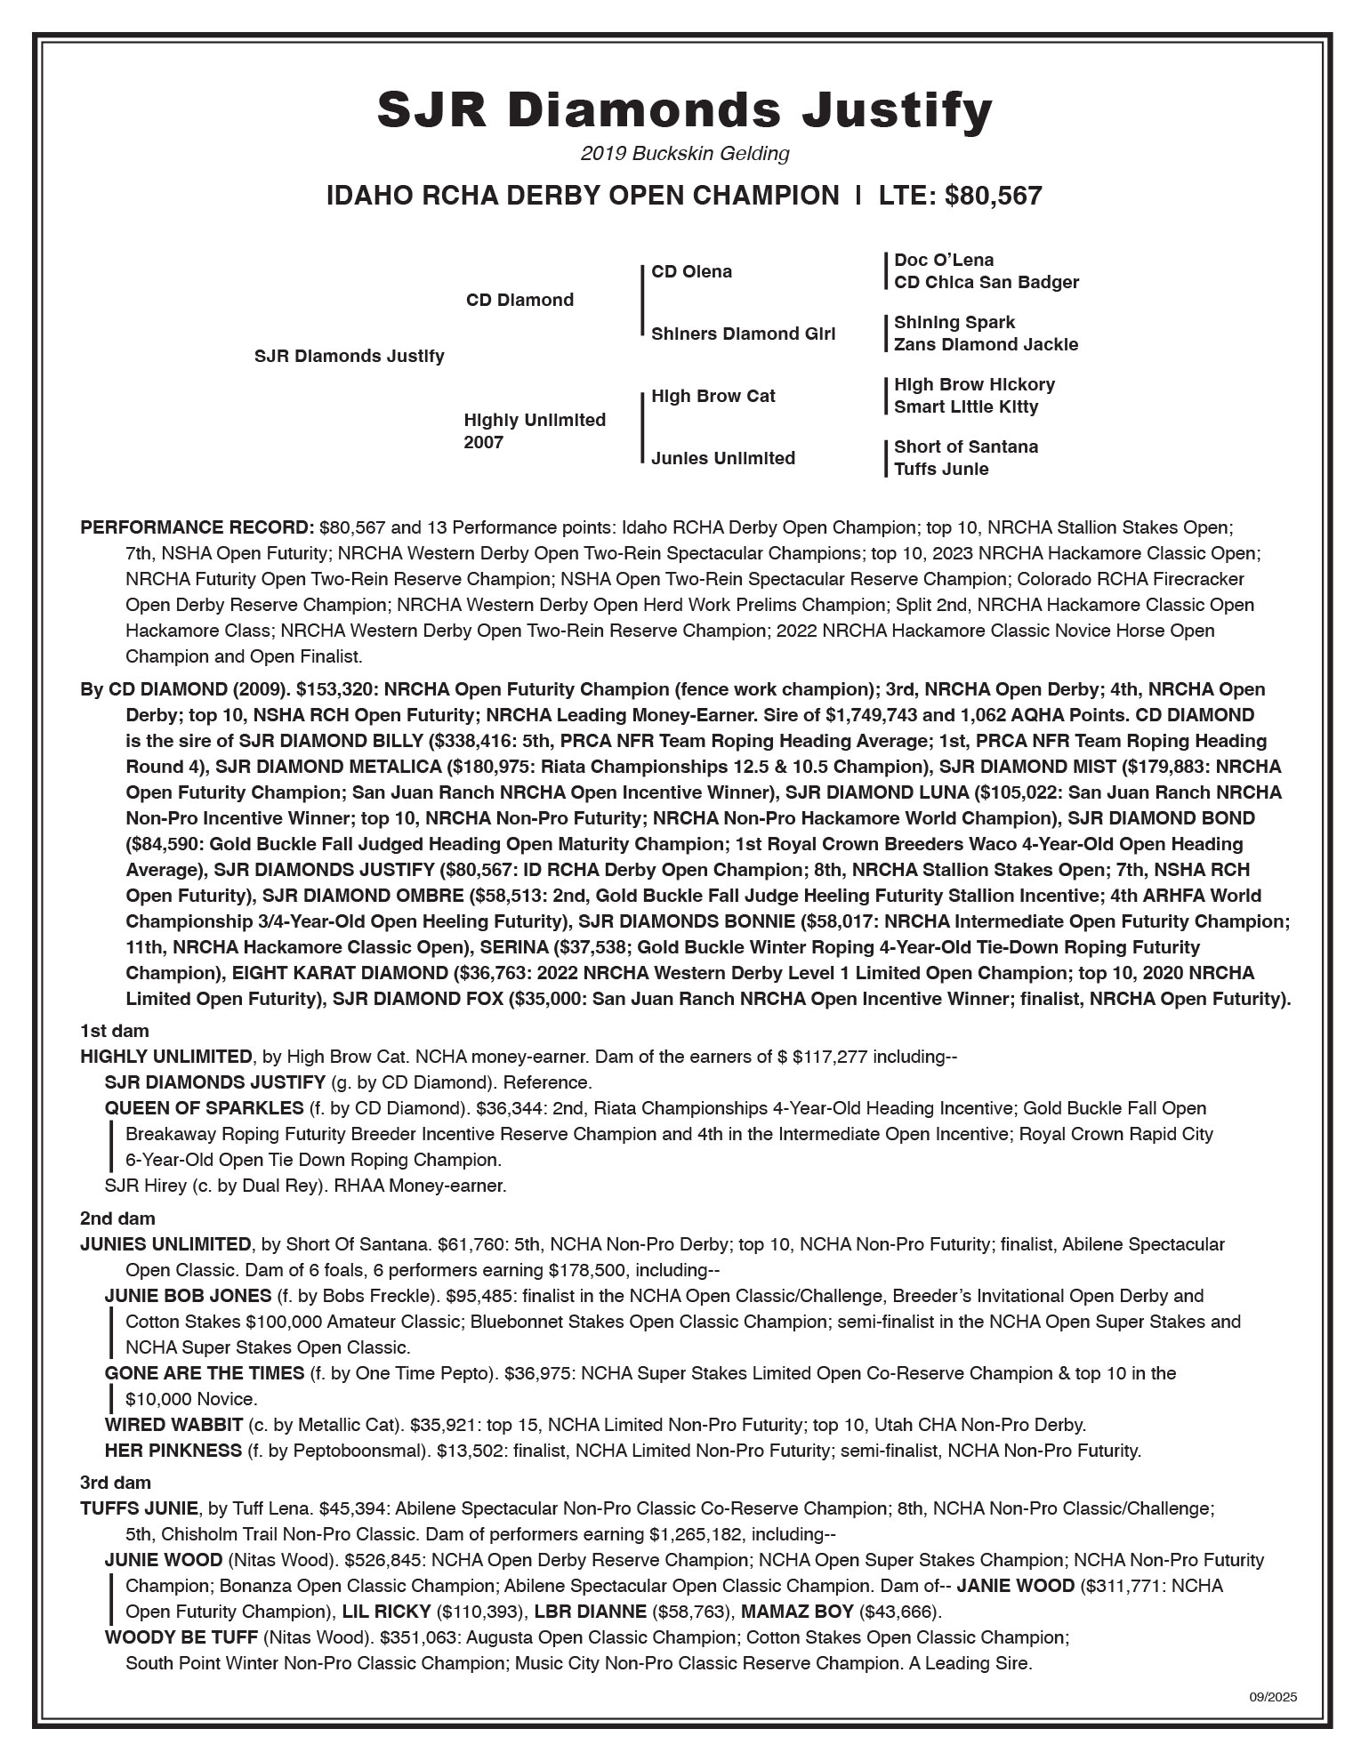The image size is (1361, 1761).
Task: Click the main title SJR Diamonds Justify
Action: (x=684, y=111)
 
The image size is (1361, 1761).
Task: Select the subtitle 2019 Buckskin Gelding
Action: (x=684, y=154)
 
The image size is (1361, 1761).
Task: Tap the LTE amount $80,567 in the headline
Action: (x=993, y=196)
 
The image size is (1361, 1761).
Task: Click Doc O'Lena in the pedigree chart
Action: (x=944, y=261)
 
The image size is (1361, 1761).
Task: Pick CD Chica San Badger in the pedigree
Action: (x=986, y=283)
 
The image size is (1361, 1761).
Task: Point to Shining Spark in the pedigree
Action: (x=954, y=323)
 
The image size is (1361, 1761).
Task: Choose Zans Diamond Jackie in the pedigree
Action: (x=986, y=345)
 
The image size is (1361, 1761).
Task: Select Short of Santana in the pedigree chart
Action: (x=966, y=447)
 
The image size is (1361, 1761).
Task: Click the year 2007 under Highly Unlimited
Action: (x=484, y=443)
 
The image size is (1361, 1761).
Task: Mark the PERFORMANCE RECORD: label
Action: (x=197, y=527)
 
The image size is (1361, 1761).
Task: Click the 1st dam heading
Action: (x=115, y=1032)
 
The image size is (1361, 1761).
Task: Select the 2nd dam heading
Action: (x=117, y=1218)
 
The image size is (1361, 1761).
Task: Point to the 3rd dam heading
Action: (x=116, y=1483)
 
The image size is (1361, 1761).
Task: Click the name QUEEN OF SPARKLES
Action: (x=204, y=1108)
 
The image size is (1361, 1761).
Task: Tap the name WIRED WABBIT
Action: (x=173, y=1425)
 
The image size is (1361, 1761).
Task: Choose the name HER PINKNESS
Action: (x=173, y=1451)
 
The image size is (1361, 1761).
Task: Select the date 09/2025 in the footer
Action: (x=1273, y=1697)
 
